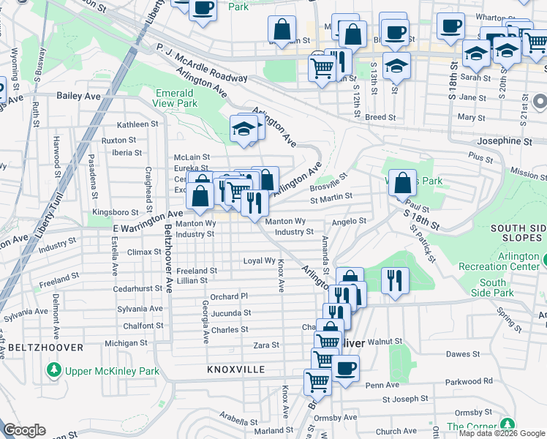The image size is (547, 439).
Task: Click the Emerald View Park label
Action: [176, 98]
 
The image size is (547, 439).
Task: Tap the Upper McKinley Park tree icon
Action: [53, 371]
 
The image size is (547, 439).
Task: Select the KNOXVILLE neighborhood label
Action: [235, 369]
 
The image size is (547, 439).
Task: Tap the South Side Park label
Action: [493, 288]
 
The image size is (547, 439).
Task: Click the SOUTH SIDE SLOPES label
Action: [518, 233]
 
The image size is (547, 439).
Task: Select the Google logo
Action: [25, 431]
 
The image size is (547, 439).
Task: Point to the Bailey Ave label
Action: [78, 96]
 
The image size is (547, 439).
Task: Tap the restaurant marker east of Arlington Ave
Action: [395, 280]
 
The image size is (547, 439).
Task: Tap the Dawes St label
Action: [462, 354]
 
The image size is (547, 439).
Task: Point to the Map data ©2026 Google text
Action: [502, 433]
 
